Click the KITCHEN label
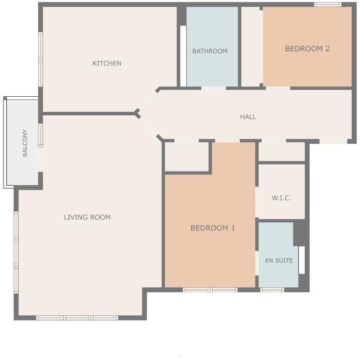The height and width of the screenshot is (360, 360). click(x=107, y=64)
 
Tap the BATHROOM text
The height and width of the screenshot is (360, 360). click(x=209, y=51)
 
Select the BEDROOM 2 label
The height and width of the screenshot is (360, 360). click(x=307, y=49)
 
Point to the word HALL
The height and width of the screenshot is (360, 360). click(x=248, y=117)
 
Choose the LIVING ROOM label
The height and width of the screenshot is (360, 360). click(x=87, y=217)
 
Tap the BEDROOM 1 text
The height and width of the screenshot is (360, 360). click(x=213, y=228)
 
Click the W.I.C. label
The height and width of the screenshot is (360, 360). click(x=281, y=198)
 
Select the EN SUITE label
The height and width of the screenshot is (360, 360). click(x=279, y=261)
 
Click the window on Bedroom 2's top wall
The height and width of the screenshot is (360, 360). click(x=327, y=5)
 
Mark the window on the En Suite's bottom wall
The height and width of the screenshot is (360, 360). click(x=271, y=290)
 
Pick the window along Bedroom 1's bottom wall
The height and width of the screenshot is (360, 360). click(x=210, y=290)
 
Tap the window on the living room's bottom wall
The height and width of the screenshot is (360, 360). click(x=77, y=318)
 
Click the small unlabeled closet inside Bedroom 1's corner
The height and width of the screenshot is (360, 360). click(x=187, y=157)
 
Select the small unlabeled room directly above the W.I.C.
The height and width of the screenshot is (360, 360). click(x=281, y=152)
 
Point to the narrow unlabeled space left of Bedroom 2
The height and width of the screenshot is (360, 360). click(x=250, y=47)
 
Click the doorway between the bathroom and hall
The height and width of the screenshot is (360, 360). click(x=213, y=88)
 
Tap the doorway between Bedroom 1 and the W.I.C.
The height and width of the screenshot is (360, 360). click(x=257, y=203)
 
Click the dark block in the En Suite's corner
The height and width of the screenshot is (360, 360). click(x=299, y=234)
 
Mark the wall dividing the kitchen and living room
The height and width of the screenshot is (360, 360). click(x=88, y=114)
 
